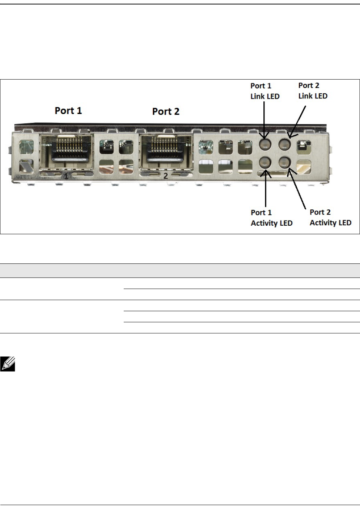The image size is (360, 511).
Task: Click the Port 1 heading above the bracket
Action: pyautogui.click(x=68, y=111)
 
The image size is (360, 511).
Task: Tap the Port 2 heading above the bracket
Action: pyautogui.click(x=166, y=111)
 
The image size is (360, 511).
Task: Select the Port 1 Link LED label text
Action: pyautogui.click(x=265, y=91)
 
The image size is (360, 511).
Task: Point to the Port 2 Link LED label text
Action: pyautogui.click(x=313, y=91)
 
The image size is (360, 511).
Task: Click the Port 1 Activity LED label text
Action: pyautogui.click(x=271, y=218)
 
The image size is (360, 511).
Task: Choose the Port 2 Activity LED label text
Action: pyautogui.click(x=330, y=217)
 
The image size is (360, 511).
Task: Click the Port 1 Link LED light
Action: pyautogui.click(x=265, y=144)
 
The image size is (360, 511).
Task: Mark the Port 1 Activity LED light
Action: pyautogui.click(x=265, y=162)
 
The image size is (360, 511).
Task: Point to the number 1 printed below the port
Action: pyautogui.click(x=66, y=176)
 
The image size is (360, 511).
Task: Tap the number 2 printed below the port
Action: pyautogui.click(x=166, y=176)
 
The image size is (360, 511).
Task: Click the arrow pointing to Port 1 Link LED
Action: pyautogui.click(x=264, y=120)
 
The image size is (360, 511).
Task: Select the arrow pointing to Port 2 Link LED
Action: pyautogui.click(x=296, y=122)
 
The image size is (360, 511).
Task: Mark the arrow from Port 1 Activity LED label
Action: pyautogui.click(x=266, y=188)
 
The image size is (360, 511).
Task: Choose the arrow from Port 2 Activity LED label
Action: pyautogui.click(x=297, y=189)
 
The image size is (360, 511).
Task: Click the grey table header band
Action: pyautogui.click(x=180, y=270)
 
